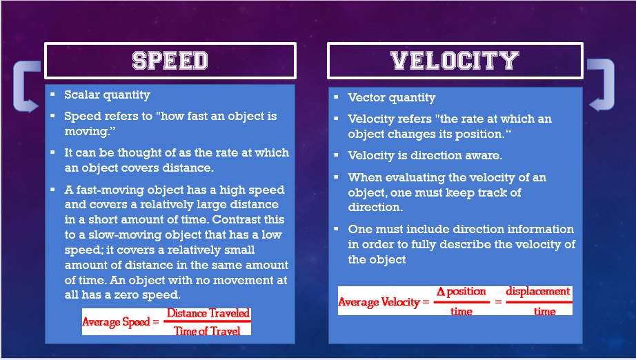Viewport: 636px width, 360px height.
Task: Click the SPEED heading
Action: click(170, 61)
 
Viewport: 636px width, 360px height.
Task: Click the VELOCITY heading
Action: click(455, 61)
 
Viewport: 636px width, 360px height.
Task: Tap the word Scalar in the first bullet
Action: click(82, 94)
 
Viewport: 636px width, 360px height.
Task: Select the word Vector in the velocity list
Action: click(366, 97)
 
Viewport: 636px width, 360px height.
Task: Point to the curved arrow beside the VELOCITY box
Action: click(608, 84)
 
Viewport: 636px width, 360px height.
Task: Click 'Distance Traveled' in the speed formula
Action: click(208, 313)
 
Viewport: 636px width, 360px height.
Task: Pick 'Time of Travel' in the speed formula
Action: click(207, 331)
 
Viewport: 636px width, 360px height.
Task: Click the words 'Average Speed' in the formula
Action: click(116, 322)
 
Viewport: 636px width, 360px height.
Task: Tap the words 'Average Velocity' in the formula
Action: click(379, 302)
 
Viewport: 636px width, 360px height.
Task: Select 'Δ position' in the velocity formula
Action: click(461, 292)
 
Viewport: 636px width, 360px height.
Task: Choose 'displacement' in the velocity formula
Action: click(538, 292)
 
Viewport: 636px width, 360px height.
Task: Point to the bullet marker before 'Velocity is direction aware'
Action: click(336, 154)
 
